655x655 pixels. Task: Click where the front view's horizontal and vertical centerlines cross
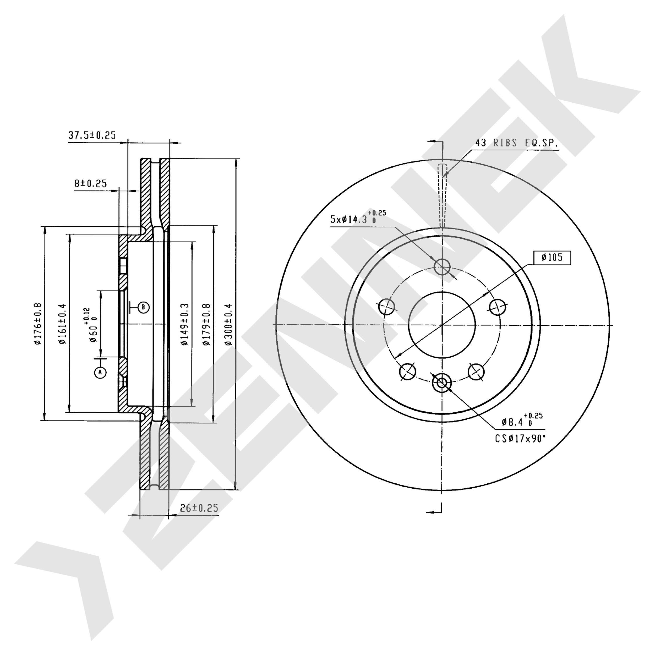[x=442, y=325]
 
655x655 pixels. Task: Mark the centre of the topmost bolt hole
[x=442, y=266]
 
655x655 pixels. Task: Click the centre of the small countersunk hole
[x=441, y=383]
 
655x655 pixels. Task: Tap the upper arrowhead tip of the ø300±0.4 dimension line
[x=236, y=159]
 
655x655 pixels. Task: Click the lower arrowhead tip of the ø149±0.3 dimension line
[x=192, y=406]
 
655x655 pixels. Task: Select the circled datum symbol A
[x=100, y=373]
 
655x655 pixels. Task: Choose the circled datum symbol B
[x=143, y=307]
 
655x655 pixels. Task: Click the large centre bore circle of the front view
[x=442, y=292]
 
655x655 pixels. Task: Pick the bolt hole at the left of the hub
[x=386, y=307]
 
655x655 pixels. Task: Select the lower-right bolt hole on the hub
[x=476, y=372]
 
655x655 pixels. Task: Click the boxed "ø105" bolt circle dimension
[x=552, y=258]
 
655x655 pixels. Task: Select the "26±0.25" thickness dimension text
[x=199, y=508]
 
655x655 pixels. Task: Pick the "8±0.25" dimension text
[x=90, y=183]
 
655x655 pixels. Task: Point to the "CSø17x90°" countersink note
[x=520, y=439]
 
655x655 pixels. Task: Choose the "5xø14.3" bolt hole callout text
[x=349, y=219]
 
